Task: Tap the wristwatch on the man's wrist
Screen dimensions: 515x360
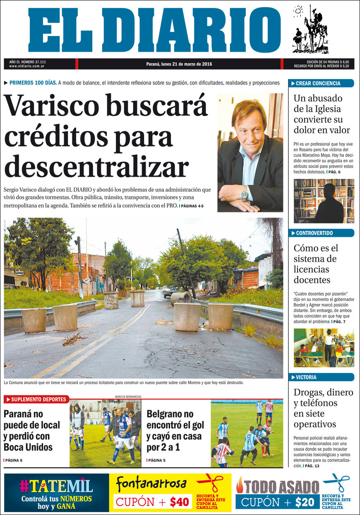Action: (245, 193)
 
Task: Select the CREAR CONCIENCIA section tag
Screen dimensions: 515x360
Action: (321, 83)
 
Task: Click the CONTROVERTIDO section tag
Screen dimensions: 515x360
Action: (321, 233)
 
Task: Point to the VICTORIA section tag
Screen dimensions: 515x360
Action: (321, 377)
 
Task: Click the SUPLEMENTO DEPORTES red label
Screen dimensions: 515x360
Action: (37, 399)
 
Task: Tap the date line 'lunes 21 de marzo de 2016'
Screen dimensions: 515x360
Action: (179, 64)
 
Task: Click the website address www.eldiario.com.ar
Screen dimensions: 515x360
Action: (27, 66)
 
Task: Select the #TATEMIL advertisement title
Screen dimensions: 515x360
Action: (56, 486)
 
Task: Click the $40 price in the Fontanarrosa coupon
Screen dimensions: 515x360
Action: (179, 502)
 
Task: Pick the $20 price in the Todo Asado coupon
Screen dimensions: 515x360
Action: (305, 502)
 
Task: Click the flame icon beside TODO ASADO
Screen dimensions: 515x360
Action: (240, 485)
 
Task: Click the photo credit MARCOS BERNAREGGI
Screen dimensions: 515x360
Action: (128, 397)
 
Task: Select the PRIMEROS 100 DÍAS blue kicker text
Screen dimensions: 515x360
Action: (33, 83)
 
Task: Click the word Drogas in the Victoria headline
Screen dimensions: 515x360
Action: (308, 392)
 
